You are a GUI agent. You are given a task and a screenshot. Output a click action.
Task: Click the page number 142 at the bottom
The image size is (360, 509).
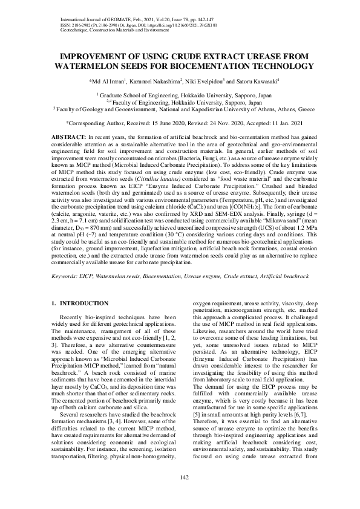coord(180,479)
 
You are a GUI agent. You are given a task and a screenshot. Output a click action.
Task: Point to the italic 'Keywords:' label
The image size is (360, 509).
coord(65,276)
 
